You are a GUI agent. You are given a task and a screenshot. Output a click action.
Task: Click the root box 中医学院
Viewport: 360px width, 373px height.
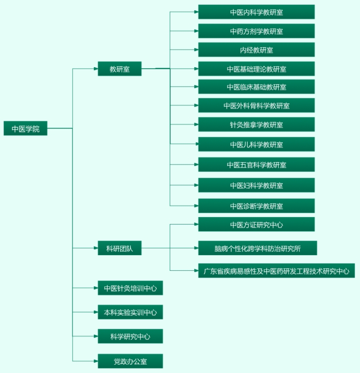[25, 128]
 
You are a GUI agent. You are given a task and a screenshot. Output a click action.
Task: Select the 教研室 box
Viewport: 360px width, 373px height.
[120, 69]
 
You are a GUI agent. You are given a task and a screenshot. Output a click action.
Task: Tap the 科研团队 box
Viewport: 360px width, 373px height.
[120, 248]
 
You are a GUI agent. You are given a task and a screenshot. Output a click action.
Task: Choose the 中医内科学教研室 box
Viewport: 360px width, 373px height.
[256, 12]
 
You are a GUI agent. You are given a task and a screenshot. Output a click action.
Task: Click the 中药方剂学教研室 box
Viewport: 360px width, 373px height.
[256, 31]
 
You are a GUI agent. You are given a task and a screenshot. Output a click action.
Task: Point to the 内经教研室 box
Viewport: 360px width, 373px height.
[256, 50]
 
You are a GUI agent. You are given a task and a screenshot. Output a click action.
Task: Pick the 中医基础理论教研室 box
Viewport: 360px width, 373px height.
[256, 69]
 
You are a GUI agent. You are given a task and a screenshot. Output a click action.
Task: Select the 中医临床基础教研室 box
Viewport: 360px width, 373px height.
[256, 87]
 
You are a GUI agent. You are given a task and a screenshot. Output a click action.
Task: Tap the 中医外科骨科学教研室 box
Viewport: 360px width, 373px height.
[256, 105]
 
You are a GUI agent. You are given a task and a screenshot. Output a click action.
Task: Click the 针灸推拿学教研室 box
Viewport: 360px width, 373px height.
[256, 124]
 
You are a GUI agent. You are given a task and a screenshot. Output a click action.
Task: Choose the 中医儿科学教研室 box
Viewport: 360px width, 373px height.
[256, 144]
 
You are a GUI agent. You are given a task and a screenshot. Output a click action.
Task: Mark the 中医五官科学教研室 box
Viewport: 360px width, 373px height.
[256, 165]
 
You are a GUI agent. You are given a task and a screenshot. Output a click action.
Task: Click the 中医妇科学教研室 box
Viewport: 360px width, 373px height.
[256, 185]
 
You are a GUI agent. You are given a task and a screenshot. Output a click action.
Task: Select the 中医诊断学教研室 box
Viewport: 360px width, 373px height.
[256, 206]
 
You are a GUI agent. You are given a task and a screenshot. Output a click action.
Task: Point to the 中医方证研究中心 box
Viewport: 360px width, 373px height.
[256, 224]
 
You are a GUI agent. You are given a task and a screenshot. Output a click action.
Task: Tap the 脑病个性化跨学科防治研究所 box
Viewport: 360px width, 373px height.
[257, 248]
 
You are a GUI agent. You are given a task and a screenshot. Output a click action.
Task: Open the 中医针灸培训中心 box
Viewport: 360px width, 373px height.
[130, 288]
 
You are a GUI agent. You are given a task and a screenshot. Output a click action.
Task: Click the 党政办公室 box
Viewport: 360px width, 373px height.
[130, 361]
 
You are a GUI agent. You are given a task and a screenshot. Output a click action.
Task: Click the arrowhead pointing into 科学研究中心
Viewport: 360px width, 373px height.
[96, 336]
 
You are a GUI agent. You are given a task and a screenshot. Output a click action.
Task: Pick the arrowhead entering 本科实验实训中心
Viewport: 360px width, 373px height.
[96, 312]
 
